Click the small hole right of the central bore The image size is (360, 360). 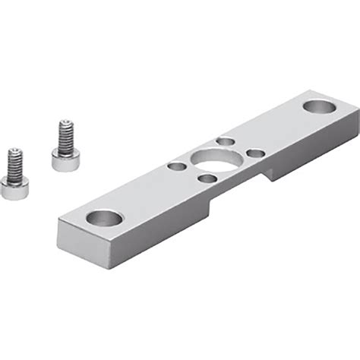pyautogui.click(x=255, y=153)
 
